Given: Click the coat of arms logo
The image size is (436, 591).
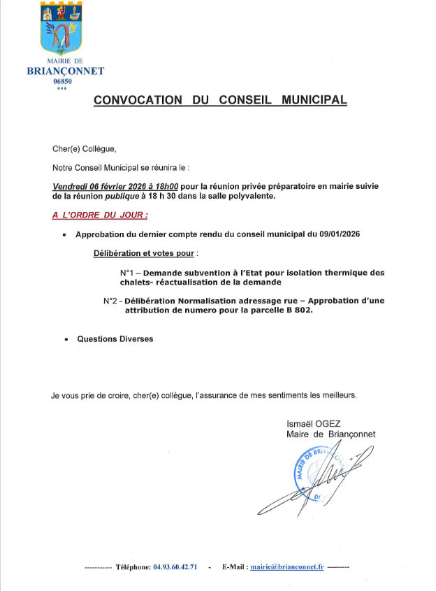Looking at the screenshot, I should (x=64, y=29).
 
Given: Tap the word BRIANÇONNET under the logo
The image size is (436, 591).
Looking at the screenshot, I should (x=65, y=71).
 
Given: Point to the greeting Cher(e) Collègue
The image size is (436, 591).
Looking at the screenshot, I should (x=84, y=148).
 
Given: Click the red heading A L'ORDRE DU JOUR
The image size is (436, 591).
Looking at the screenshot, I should (x=100, y=214).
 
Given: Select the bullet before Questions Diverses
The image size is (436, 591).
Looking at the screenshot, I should (x=66, y=339).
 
